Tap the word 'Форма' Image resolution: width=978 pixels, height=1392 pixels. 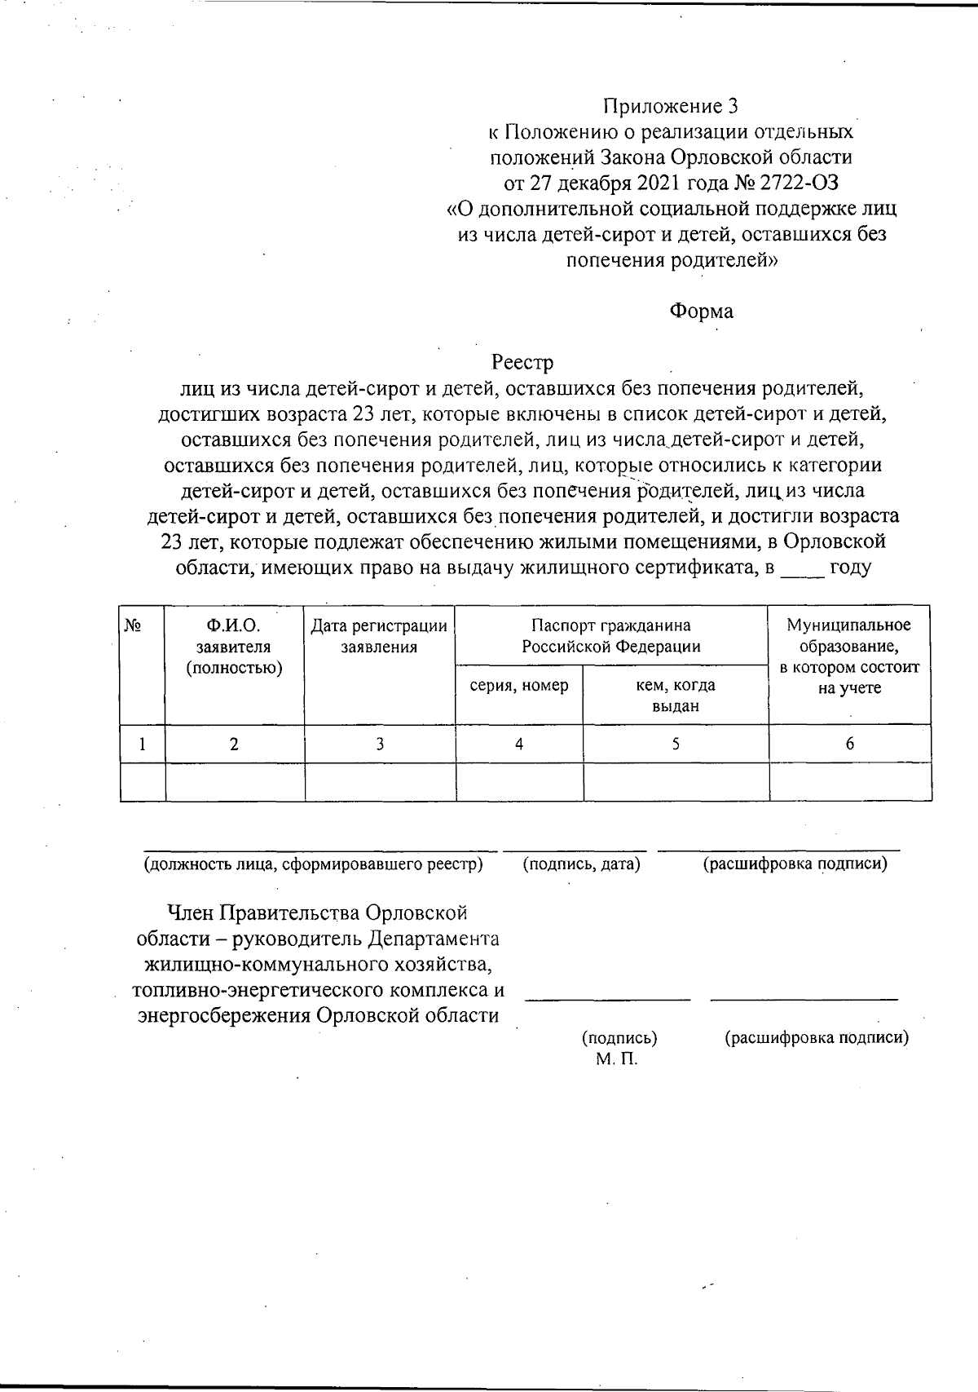point(701,312)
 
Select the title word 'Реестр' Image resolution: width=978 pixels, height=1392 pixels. point(522,361)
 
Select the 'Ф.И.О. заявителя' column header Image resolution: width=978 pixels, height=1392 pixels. point(234,647)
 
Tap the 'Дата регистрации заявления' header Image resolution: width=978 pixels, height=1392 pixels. point(379,637)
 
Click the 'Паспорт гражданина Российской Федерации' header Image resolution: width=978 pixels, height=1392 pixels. point(611,637)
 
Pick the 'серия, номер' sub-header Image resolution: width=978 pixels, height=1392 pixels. point(519,686)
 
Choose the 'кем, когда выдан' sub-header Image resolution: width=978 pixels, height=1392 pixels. point(676,696)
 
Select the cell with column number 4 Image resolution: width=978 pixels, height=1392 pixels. point(519,744)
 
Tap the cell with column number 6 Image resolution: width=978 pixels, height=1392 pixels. point(849,744)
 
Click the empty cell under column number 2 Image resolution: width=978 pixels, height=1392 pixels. point(235,782)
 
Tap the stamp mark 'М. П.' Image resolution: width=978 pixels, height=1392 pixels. point(616,1059)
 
